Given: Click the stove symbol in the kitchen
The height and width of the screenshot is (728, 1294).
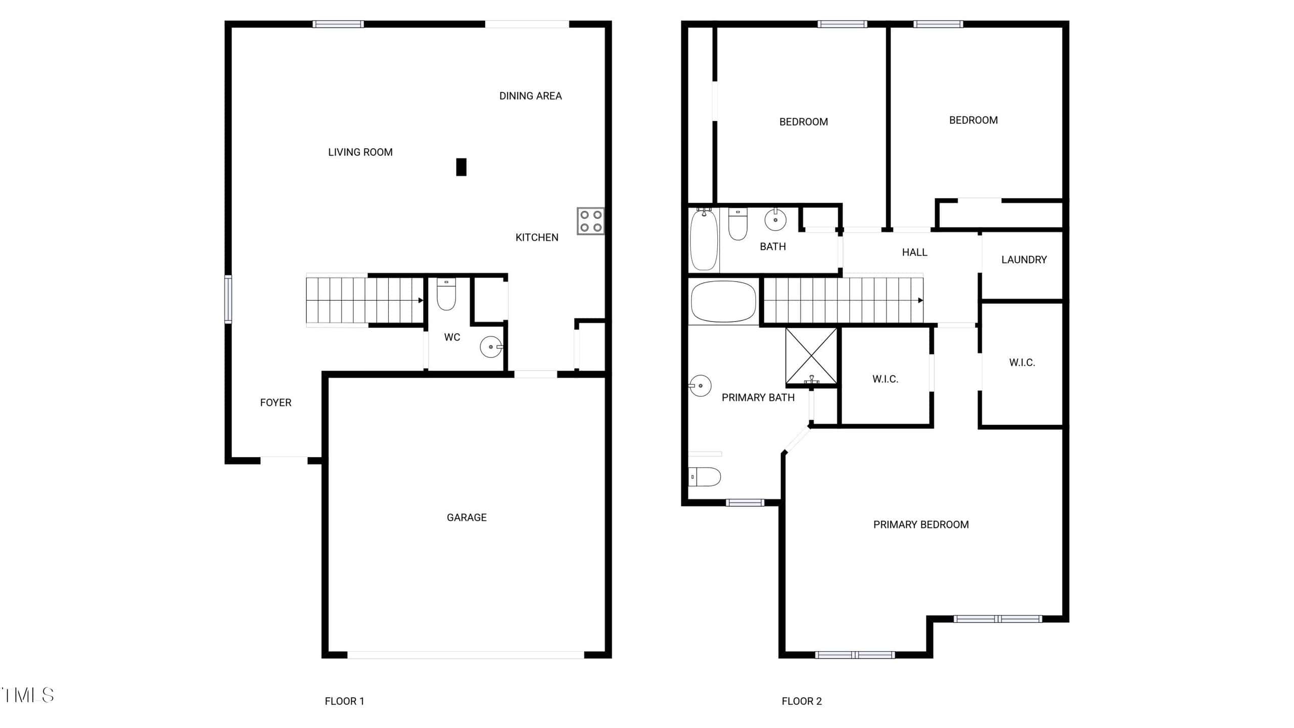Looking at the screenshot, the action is pyautogui.click(x=590, y=221).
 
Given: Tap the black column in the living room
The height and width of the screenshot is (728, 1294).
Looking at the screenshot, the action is pyautogui.click(x=461, y=167).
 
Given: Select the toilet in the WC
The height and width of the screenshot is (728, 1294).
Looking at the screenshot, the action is pyautogui.click(x=446, y=294).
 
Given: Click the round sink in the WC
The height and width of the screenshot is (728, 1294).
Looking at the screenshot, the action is pyautogui.click(x=491, y=347).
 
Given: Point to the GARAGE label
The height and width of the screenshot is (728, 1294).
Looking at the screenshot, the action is pyautogui.click(x=467, y=517).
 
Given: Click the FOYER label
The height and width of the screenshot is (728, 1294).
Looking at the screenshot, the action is pyautogui.click(x=275, y=402).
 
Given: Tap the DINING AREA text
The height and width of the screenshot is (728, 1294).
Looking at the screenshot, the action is pyautogui.click(x=530, y=96).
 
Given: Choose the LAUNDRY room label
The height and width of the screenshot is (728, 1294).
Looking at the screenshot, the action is pyautogui.click(x=1024, y=259).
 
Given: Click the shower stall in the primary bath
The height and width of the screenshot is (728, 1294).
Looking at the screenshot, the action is pyautogui.click(x=811, y=356).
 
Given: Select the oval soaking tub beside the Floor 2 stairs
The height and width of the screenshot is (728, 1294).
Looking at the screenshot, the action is pyautogui.click(x=723, y=302).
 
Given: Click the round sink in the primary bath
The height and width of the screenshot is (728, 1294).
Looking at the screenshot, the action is pyautogui.click(x=701, y=386).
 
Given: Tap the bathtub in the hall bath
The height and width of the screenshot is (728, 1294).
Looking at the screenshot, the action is pyautogui.click(x=704, y=240).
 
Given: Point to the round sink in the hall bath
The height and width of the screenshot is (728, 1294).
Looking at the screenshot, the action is pyautogui.click(x=775, y=219).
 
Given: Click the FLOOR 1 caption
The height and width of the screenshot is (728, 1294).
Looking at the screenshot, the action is pyautogui.click(x=344, y=701).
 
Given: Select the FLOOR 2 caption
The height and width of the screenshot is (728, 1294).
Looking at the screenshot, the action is pyautogui.click(x=802, y=701).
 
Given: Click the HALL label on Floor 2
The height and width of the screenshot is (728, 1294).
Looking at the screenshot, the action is pyautogui.click(x=914, y=252).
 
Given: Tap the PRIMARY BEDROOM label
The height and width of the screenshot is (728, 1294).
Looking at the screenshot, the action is pyautogui.click(x=921, y=525).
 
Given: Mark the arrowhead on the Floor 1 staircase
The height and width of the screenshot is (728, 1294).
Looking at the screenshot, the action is pyautogui.click(x=421, y=300).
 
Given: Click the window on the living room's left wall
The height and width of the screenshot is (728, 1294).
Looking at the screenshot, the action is pyautogui.click(x=228, y=299).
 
